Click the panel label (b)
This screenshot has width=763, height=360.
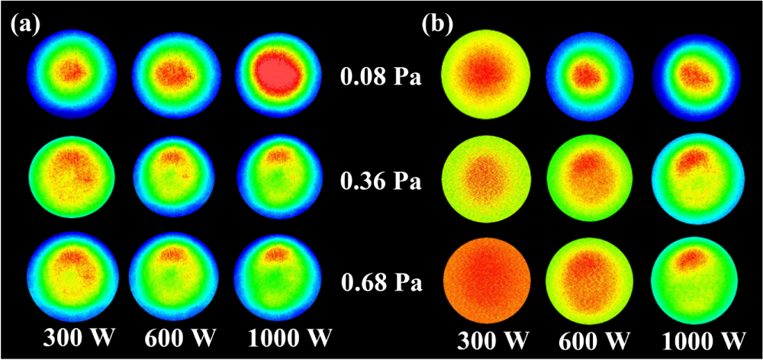(x=437, y=23)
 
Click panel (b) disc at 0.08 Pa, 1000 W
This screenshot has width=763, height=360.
(x=700, y=77)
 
